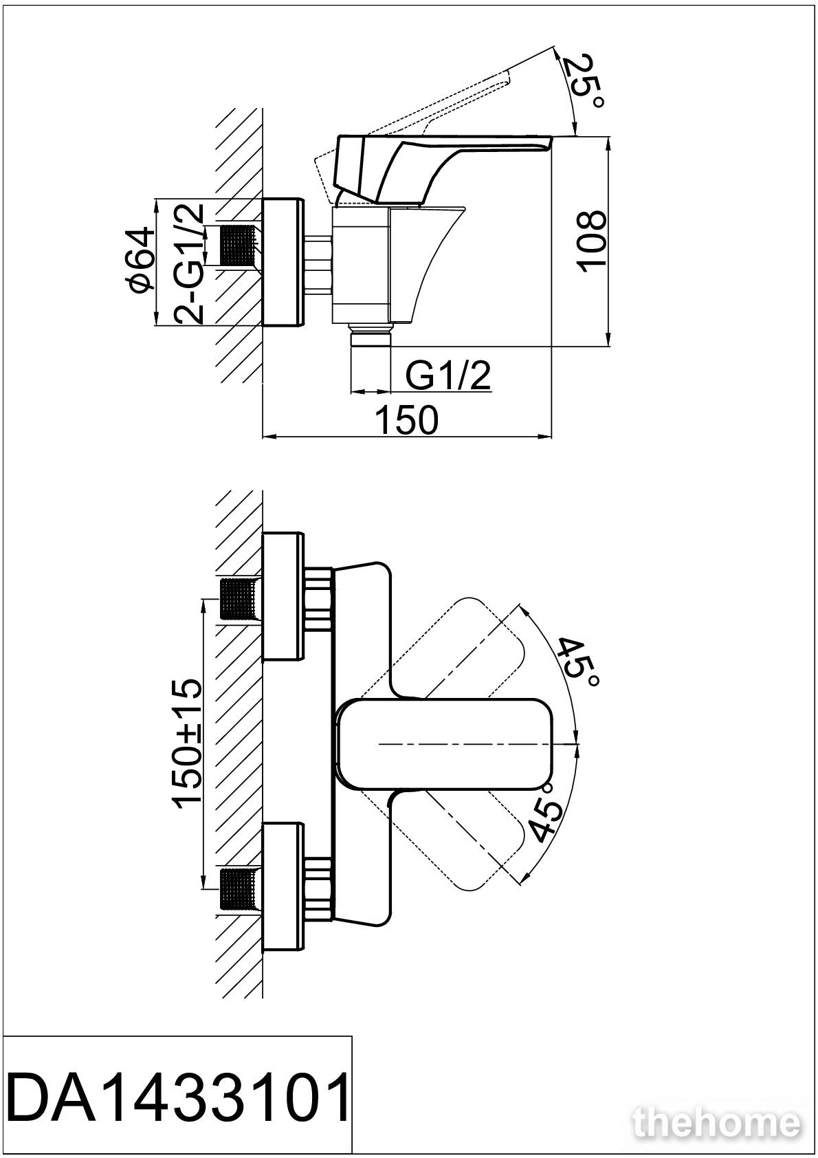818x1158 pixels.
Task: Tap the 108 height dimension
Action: tap(590, 241)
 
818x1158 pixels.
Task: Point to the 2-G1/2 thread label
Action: tap(188, 264)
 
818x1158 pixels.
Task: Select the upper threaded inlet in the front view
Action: tap(239, 600)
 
